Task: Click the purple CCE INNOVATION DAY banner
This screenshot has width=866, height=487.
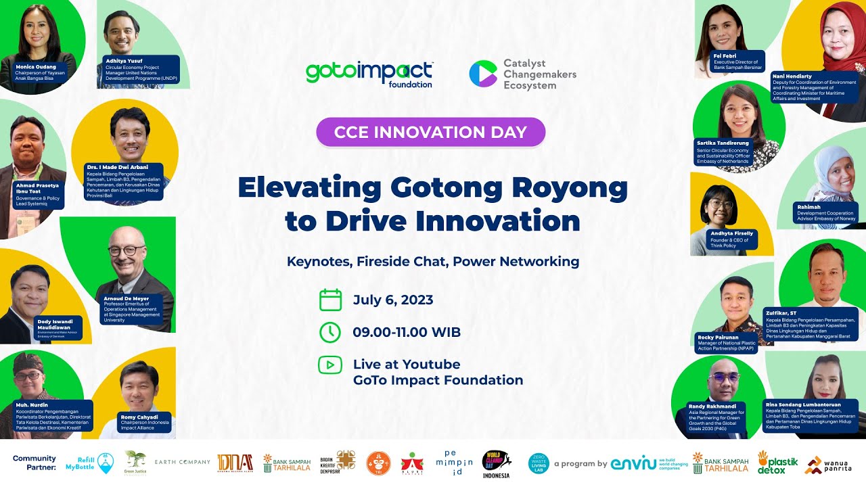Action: pyautogui.click(x=430, y=132)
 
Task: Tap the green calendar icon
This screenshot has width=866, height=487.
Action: pyautogui.click(x=330, y=300)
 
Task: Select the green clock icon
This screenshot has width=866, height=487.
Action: pyautogui.click(x=330, y=332)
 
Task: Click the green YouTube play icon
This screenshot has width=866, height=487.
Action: pyautogui.click(x=330, y=365)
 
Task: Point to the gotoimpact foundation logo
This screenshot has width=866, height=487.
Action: pyautogui.click(x=369, y=74)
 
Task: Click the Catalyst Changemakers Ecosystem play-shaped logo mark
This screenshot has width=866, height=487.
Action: pyautogui.click(x=482, y=74)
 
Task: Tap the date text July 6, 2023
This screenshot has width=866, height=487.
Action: pyautogui.click(x=393, y=300)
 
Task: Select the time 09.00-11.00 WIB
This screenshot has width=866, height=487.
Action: pyautogui.click(x=407, y=332)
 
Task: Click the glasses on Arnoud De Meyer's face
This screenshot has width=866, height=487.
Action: pyautogui.click(x=127, y=251)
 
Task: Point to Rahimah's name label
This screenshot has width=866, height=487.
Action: pyautogui.click(x=810, y=208)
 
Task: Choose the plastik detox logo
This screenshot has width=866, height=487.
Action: pyautogui.click(x=777, y=463)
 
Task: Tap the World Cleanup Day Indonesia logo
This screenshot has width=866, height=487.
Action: pyautogui.click(x=497, y=463)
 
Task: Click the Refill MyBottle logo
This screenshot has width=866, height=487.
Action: pyautogui.click(x=85, y=463)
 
